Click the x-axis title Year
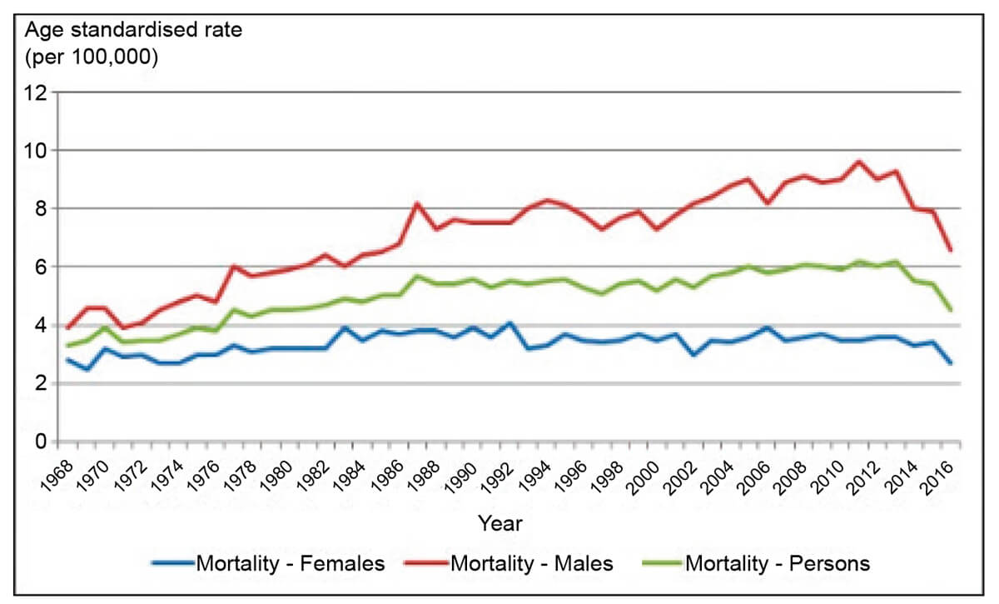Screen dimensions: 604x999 [499, 524]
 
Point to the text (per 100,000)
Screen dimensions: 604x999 [92, 58]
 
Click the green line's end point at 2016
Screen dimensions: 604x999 [951, 310]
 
